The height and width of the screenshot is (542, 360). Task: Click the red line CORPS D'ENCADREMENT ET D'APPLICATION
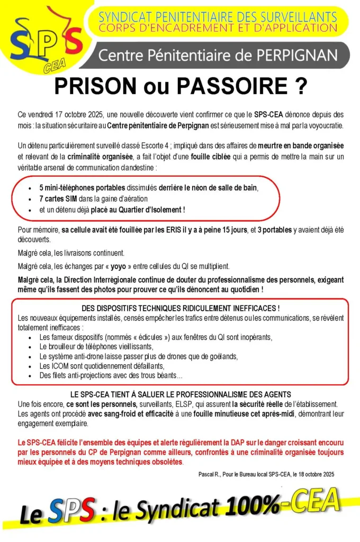tap(217, 28)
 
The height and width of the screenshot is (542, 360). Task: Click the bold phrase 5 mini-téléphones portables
tap(82, 188)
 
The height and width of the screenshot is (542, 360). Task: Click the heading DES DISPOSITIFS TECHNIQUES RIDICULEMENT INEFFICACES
tap(181, 309)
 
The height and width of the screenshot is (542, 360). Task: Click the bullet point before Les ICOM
tap(33, 366)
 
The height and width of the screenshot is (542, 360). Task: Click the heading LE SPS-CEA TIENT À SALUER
tap(181, 394)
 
